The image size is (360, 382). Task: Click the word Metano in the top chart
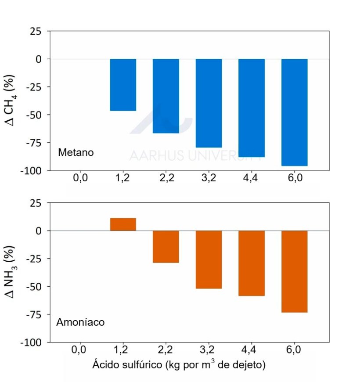coord(76,153)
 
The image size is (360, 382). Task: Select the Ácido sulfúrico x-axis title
coord(179,365)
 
